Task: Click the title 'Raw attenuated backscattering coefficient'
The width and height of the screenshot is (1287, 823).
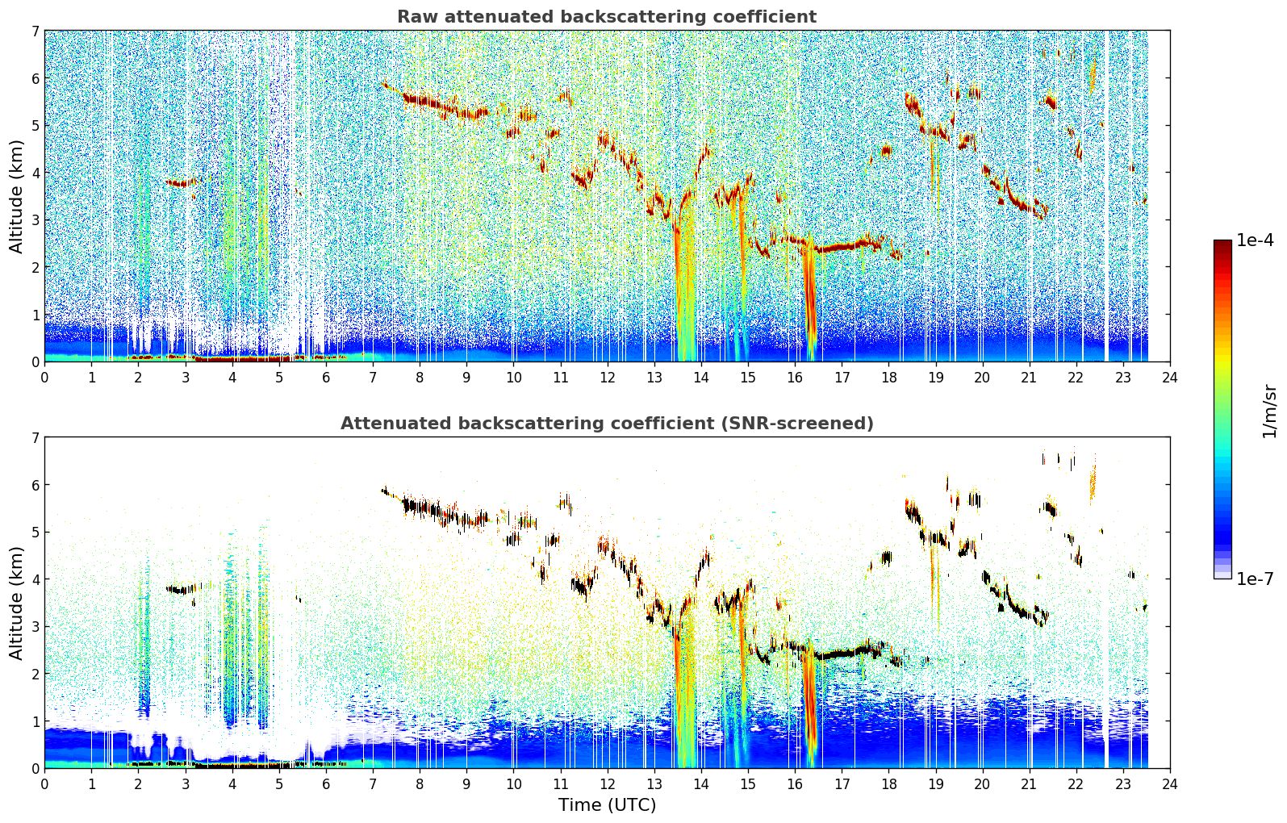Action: pos(607,17)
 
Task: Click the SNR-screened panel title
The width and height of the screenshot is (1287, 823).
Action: pos(607,423)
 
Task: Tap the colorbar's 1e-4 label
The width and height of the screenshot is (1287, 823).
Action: pos(1255,240)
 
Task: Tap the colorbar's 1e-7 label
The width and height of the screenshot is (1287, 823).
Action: pos(1255,579)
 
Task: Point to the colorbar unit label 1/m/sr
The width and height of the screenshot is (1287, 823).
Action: pos(1269,411)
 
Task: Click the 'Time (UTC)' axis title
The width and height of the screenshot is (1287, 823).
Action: pos(607,804)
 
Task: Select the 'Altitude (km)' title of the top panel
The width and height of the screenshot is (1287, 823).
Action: pos(16,196)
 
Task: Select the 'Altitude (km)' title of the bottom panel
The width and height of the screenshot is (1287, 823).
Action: pos(16,603)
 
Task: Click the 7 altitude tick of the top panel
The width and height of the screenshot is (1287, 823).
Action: pos(36,31)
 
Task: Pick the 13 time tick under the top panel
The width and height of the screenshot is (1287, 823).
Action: pos(654,378)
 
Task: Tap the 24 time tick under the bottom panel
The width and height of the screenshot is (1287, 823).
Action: pos(1170,784)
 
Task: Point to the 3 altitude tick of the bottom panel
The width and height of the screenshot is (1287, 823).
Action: pos(36,626)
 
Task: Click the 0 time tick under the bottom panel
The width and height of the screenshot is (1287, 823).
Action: pos(45,784)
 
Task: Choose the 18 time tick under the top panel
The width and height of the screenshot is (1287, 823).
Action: pos(889,378)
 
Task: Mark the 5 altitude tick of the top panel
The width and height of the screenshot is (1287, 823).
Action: pos(36,125)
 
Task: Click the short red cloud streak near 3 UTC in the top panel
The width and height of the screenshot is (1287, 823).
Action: pos(181,183)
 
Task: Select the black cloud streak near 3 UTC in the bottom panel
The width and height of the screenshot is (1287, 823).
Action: pos(181,589)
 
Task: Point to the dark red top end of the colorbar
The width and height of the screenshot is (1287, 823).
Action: pos(1222,244)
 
